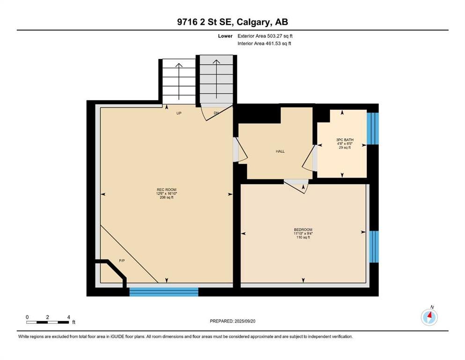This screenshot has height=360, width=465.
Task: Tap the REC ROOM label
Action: point(167,190)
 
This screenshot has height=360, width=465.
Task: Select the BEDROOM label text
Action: point(303,230)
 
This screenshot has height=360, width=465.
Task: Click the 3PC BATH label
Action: point(345,140)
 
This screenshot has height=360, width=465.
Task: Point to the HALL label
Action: point(280,151)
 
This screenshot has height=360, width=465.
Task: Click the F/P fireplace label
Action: point(122,261)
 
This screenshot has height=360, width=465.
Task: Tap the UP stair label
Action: point(179,113)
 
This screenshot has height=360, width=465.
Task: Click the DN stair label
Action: point(216,113)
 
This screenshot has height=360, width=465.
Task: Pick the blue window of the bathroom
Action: point(373,128)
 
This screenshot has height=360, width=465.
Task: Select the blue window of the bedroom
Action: point(374,247)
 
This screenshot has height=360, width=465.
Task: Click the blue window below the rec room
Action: point(164,292)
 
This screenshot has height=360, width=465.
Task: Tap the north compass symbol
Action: point(429,317)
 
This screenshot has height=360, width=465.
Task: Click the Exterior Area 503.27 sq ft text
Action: point(265,36)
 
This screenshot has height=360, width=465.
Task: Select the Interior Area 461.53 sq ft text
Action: point(264,43)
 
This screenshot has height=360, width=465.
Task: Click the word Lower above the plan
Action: point(225,36)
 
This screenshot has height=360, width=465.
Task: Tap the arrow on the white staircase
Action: point(179,81)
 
